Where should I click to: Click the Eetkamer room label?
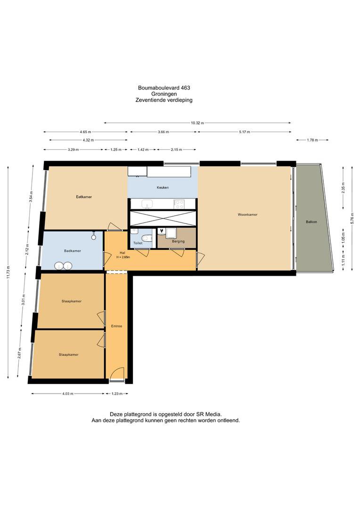tap(84, 197)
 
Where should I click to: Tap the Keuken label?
tap(163, 188)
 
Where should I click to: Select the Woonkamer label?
tap(247, 214)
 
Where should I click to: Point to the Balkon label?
tap(311, 222)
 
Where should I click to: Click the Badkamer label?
tap(73, 251)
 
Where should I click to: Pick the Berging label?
tap(178, 241)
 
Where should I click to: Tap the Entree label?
tap(116, 326)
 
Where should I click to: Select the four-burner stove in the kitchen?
tap(179, 204)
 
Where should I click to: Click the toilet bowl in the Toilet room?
tap(147, 238)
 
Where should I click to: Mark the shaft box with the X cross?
tap(163, 219)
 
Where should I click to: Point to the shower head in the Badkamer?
tap(94, 233)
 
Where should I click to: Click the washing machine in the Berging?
tap(170, 232)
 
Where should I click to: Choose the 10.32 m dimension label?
tap(197, 123)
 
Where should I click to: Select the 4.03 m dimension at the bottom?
tap(68, 394)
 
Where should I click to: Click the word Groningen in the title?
tap(164, 94)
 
